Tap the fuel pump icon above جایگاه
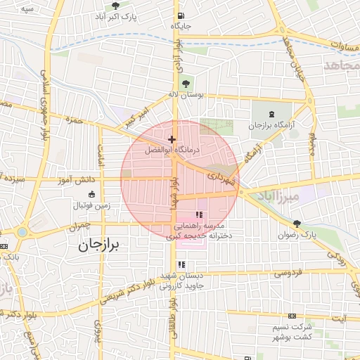coord(181,16)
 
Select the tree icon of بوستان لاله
coord(186,84)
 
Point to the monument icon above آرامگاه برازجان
coord(273,115)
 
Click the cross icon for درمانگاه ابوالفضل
coord(172,140)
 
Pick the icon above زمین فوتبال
coord(91,195)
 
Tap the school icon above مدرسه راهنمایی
coord(199,214)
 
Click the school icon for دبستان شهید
coord(181,265)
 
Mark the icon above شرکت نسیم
coord(292,317)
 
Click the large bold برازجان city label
coord(99,244)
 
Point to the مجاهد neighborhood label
coord(342,65)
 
